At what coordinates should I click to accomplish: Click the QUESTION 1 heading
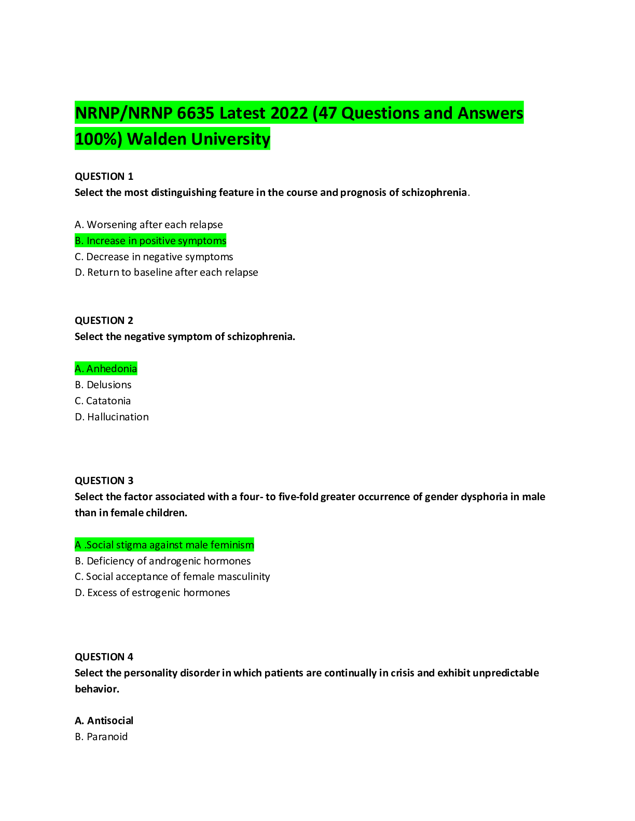tap(104, 176)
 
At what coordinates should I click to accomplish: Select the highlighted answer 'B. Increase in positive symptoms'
tap(150, 240)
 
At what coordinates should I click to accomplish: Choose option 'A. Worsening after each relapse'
tap(148, 225)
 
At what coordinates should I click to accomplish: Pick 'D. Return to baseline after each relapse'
tap(167, 273)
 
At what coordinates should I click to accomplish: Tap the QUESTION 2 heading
tap(104, 320)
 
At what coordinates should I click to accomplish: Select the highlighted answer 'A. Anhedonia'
tap(106, 369)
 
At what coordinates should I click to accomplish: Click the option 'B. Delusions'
tap(103, 385)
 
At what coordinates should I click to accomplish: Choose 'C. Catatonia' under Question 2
tap(103, 401)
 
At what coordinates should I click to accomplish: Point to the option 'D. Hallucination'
tap(112, 417)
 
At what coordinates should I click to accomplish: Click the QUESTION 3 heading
tap(104, 480)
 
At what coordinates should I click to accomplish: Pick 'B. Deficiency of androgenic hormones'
tap(163, 561)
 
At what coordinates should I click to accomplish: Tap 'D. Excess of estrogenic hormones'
tap(153, 592)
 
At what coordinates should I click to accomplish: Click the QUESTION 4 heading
tap(104, 657)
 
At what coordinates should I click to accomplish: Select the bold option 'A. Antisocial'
tap(104, 720)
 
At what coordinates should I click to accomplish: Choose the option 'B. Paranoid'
tap(101, 737)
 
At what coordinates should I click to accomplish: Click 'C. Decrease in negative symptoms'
tap(154, 257)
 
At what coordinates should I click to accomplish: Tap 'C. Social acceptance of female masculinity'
tap(172, 576)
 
